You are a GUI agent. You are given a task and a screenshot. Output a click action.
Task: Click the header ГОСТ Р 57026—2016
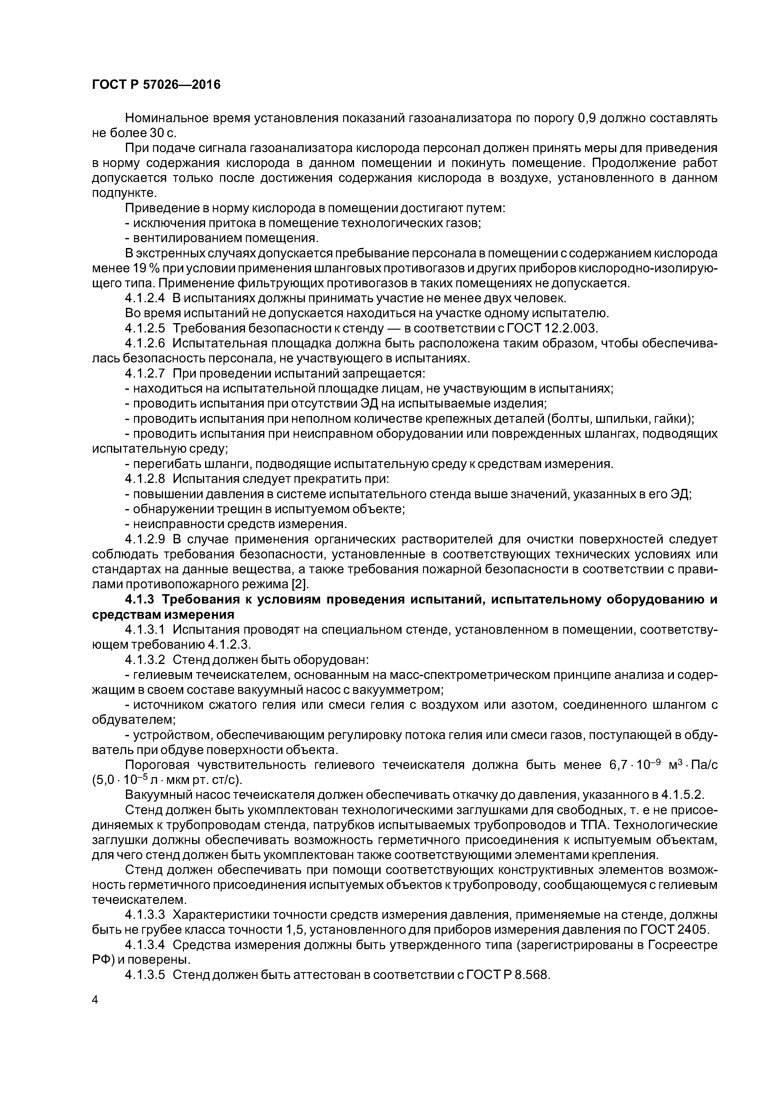(x=156, y=85)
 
